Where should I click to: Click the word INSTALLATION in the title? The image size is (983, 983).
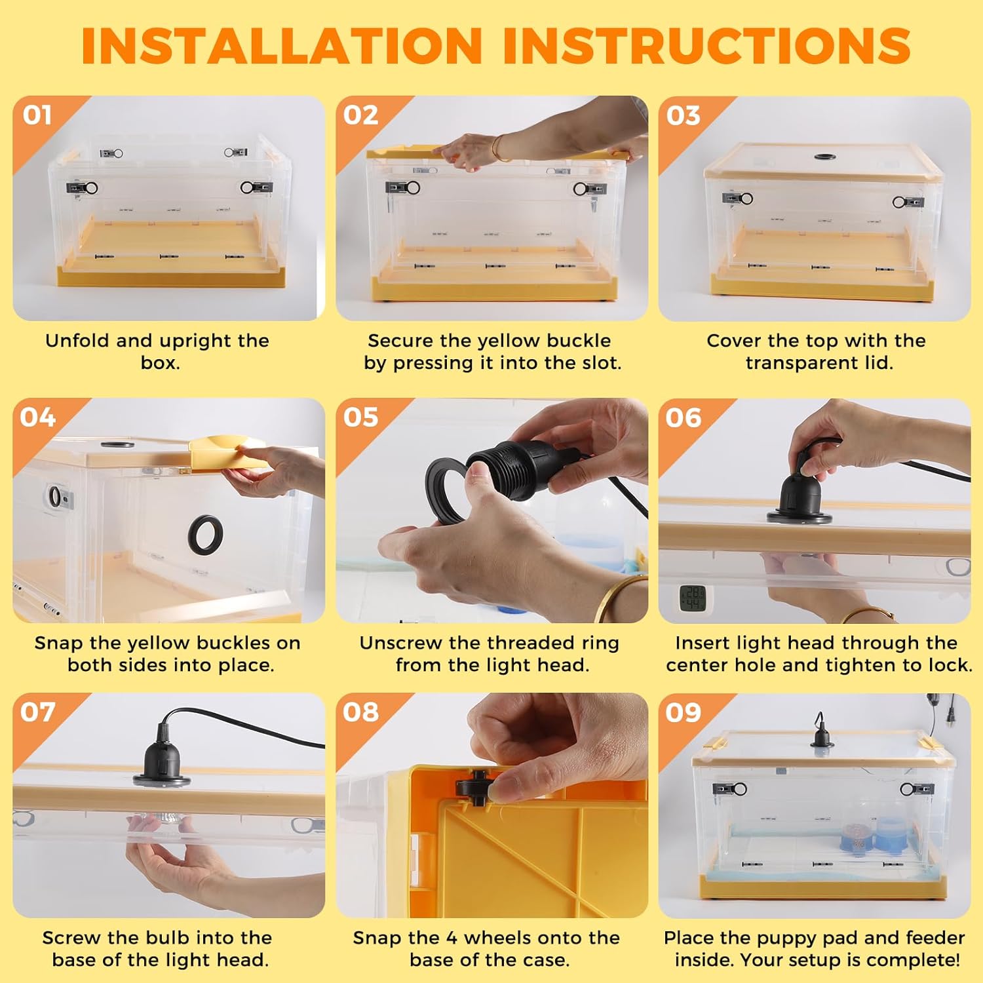(x=282, y=45)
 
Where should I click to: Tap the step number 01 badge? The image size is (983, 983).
(x=37, y=115)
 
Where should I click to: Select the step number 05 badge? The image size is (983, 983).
(x=360, y=417)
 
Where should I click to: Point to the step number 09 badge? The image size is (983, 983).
(x=684, y=712)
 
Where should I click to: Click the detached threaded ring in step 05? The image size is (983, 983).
(x=450, y=490)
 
